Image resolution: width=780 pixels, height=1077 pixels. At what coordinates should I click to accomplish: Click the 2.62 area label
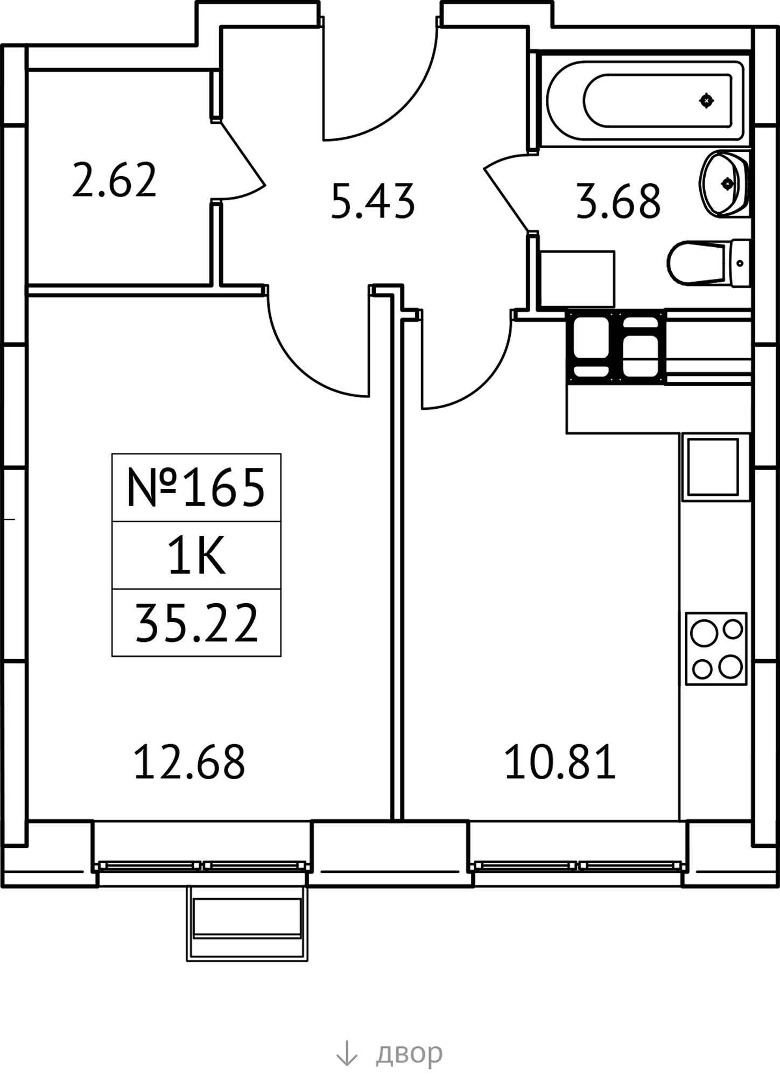point(114,180)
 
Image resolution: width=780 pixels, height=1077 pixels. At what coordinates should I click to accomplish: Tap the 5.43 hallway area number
point(373,201)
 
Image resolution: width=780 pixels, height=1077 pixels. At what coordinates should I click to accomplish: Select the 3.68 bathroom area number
point(618,201)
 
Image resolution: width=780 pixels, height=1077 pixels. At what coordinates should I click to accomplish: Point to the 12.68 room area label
point(189,762)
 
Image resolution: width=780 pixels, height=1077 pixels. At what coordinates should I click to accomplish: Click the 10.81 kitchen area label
point(560,762)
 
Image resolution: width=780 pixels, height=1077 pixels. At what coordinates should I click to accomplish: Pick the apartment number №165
point(196,488)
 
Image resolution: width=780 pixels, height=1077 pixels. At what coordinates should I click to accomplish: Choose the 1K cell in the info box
point(196,556)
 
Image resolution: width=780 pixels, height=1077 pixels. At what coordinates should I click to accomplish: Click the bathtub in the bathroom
point(646,100)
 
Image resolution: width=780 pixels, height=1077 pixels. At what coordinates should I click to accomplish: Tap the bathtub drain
point(706,101)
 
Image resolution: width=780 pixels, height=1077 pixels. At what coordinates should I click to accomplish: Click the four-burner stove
point(716,649)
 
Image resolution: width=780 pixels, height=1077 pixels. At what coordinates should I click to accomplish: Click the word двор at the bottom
point(409,1053)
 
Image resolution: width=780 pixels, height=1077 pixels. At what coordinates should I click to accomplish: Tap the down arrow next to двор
point(346,1053)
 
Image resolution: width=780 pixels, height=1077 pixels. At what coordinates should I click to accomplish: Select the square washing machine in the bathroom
point(578,278)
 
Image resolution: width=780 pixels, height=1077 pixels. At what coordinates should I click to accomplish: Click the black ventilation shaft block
point(616,347)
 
